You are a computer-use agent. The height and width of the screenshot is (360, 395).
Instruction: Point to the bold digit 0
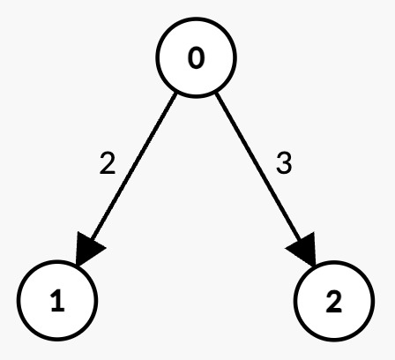click(196, 58)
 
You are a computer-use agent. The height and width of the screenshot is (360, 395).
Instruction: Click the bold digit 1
click(58, 300)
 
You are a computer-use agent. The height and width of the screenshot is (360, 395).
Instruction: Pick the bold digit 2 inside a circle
click(334, 302)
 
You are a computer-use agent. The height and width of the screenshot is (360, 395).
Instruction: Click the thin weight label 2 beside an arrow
click(108, 163)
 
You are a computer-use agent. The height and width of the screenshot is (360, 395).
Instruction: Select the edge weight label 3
click(284, 163)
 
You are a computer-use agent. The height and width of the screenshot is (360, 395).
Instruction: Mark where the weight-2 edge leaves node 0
click(176, 94)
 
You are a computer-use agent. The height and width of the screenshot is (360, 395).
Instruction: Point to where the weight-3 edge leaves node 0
click(216, 94)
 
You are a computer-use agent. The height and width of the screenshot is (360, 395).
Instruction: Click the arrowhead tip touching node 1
click(77, 266)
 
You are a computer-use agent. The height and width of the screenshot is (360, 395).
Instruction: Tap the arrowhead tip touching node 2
click(315, 266)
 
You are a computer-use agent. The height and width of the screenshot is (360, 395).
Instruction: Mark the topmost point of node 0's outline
click(196, 19)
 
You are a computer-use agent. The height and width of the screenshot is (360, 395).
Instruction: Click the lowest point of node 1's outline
click(57, 340)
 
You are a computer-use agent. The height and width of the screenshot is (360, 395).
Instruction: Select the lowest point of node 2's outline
click(334, 341)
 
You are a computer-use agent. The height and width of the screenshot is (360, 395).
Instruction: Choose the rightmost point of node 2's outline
click(374, 301)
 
